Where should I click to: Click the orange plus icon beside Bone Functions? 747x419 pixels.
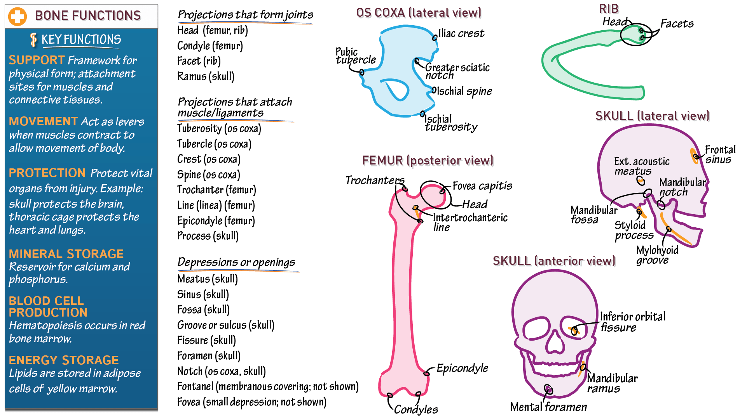point(17,17)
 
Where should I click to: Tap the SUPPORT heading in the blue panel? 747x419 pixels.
point(37,60)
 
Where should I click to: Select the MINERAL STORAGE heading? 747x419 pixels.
point(66,254)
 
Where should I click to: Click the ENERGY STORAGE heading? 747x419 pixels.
point(64,360)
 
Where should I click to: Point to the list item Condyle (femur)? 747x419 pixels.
point(210,46)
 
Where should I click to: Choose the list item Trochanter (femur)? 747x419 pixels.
point(216,190)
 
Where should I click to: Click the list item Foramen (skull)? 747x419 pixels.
point(209,356)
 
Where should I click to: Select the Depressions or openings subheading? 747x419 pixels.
point(236,262)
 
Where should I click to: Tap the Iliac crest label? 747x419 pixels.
point(461,33)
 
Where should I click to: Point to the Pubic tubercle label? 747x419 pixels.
point(355,56)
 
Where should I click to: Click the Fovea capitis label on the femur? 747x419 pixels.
point(482,186)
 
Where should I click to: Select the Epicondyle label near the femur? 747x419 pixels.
point(462,368)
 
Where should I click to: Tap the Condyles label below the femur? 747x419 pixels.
point(416,409)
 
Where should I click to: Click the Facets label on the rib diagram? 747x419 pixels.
point(677,24)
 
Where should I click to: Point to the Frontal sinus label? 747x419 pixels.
point(720,154)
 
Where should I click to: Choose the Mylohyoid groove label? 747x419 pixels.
point(657,255)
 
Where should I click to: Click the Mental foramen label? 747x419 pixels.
point(548,407)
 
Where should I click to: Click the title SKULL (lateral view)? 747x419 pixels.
point(652,116)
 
